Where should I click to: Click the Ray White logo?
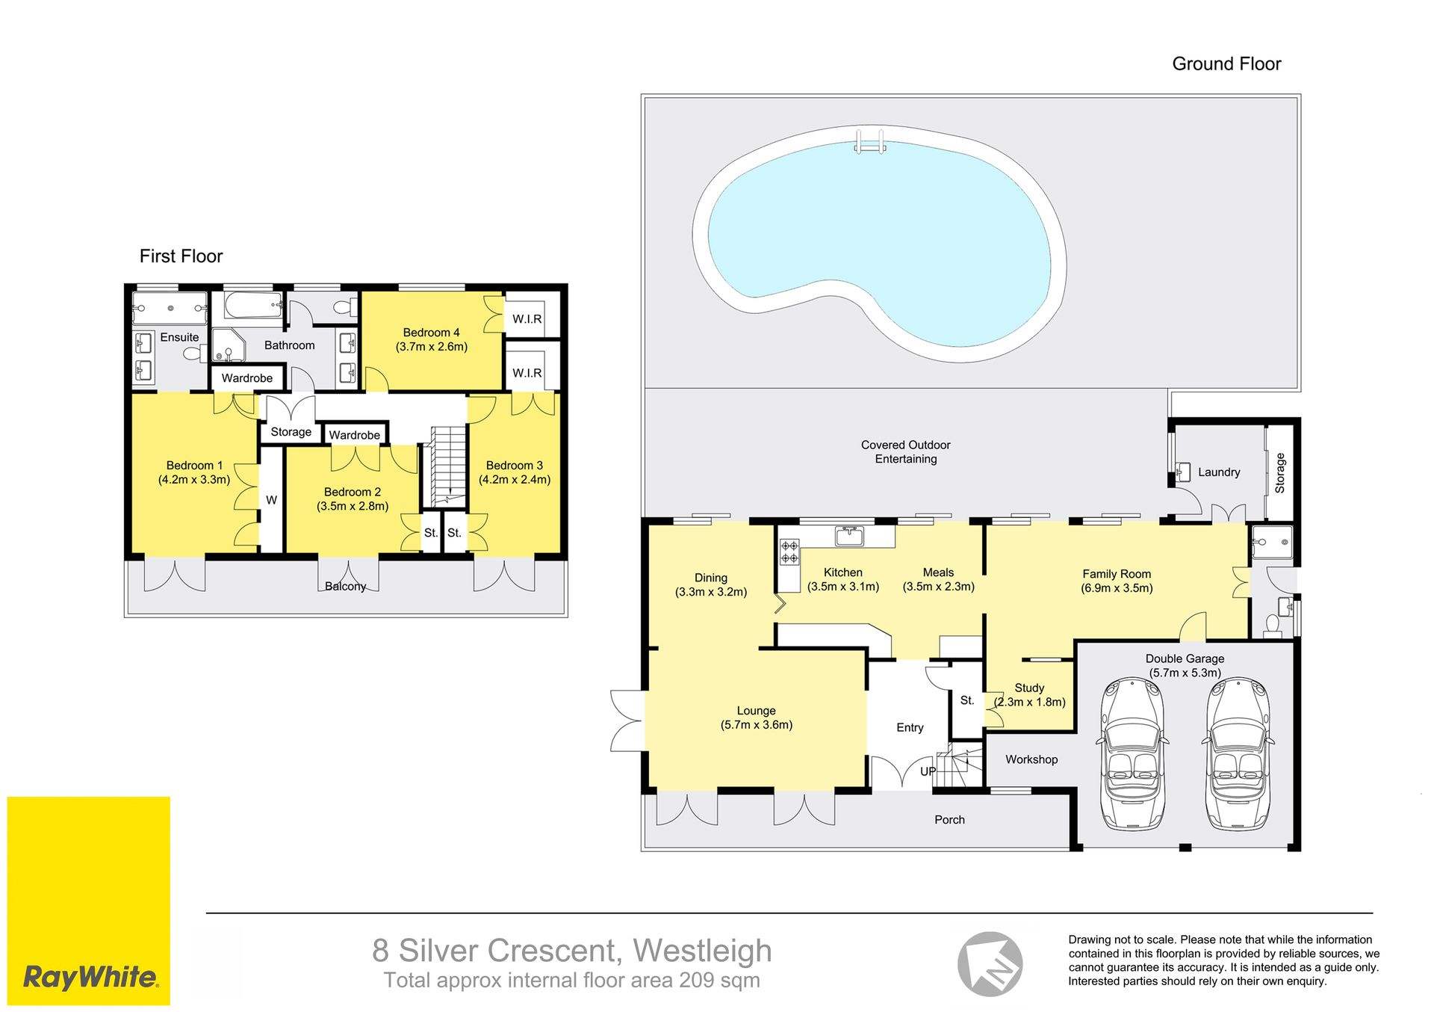89,901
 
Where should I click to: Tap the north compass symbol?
990,963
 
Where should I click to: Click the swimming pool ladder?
870,141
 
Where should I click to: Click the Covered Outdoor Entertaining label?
905,451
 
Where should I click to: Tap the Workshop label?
1031,759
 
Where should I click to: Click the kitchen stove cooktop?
789,552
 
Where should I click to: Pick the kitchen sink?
849,536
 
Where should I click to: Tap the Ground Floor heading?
1226,64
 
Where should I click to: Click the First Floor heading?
181,256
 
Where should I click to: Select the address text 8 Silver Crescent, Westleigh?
572,951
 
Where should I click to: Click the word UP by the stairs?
928,771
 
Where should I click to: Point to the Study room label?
1029,688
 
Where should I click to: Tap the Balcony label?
345,586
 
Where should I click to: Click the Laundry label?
1219,472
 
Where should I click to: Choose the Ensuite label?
179,337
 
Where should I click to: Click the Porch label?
949,820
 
